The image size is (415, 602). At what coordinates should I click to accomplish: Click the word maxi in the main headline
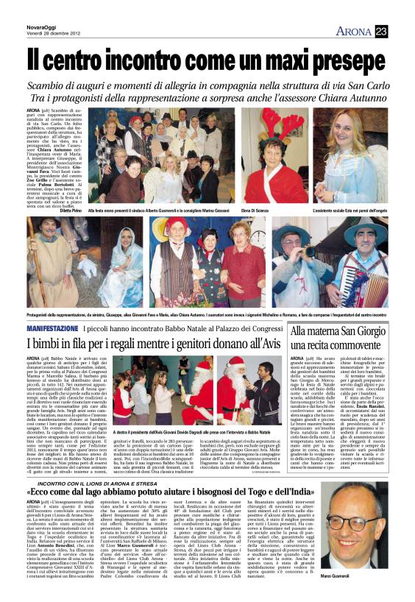tap(246, 58)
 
